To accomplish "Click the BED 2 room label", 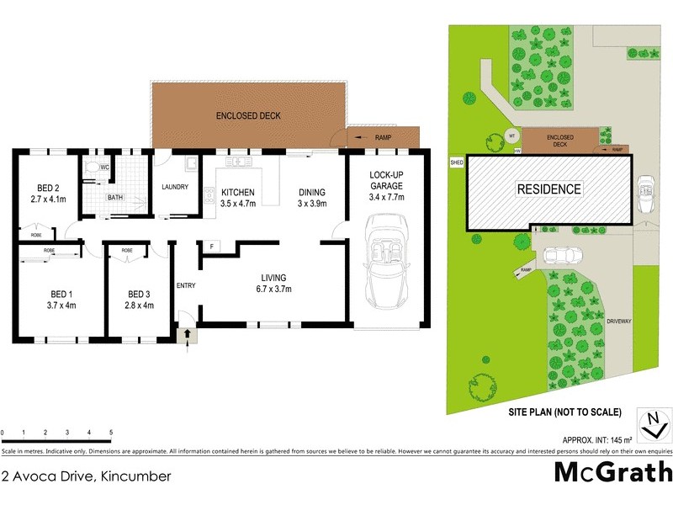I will (x=47, y=188).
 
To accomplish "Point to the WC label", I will (x=105, y=167).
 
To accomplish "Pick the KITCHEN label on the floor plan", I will (x=237, y=191).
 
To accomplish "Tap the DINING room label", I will (x=311, y=191).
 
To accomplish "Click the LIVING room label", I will (x=273, y=278).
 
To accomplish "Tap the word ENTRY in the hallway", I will (x=186, y=285).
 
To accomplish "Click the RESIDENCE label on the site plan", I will (x=548, y=189).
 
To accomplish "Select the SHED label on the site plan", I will (x=457, y=162).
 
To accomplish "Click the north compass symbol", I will (x=652, y=425).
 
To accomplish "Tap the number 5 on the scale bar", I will (x=111, y=433).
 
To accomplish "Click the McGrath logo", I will (x=612, y=472).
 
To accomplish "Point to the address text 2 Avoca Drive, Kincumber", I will (x=86, y=476).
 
